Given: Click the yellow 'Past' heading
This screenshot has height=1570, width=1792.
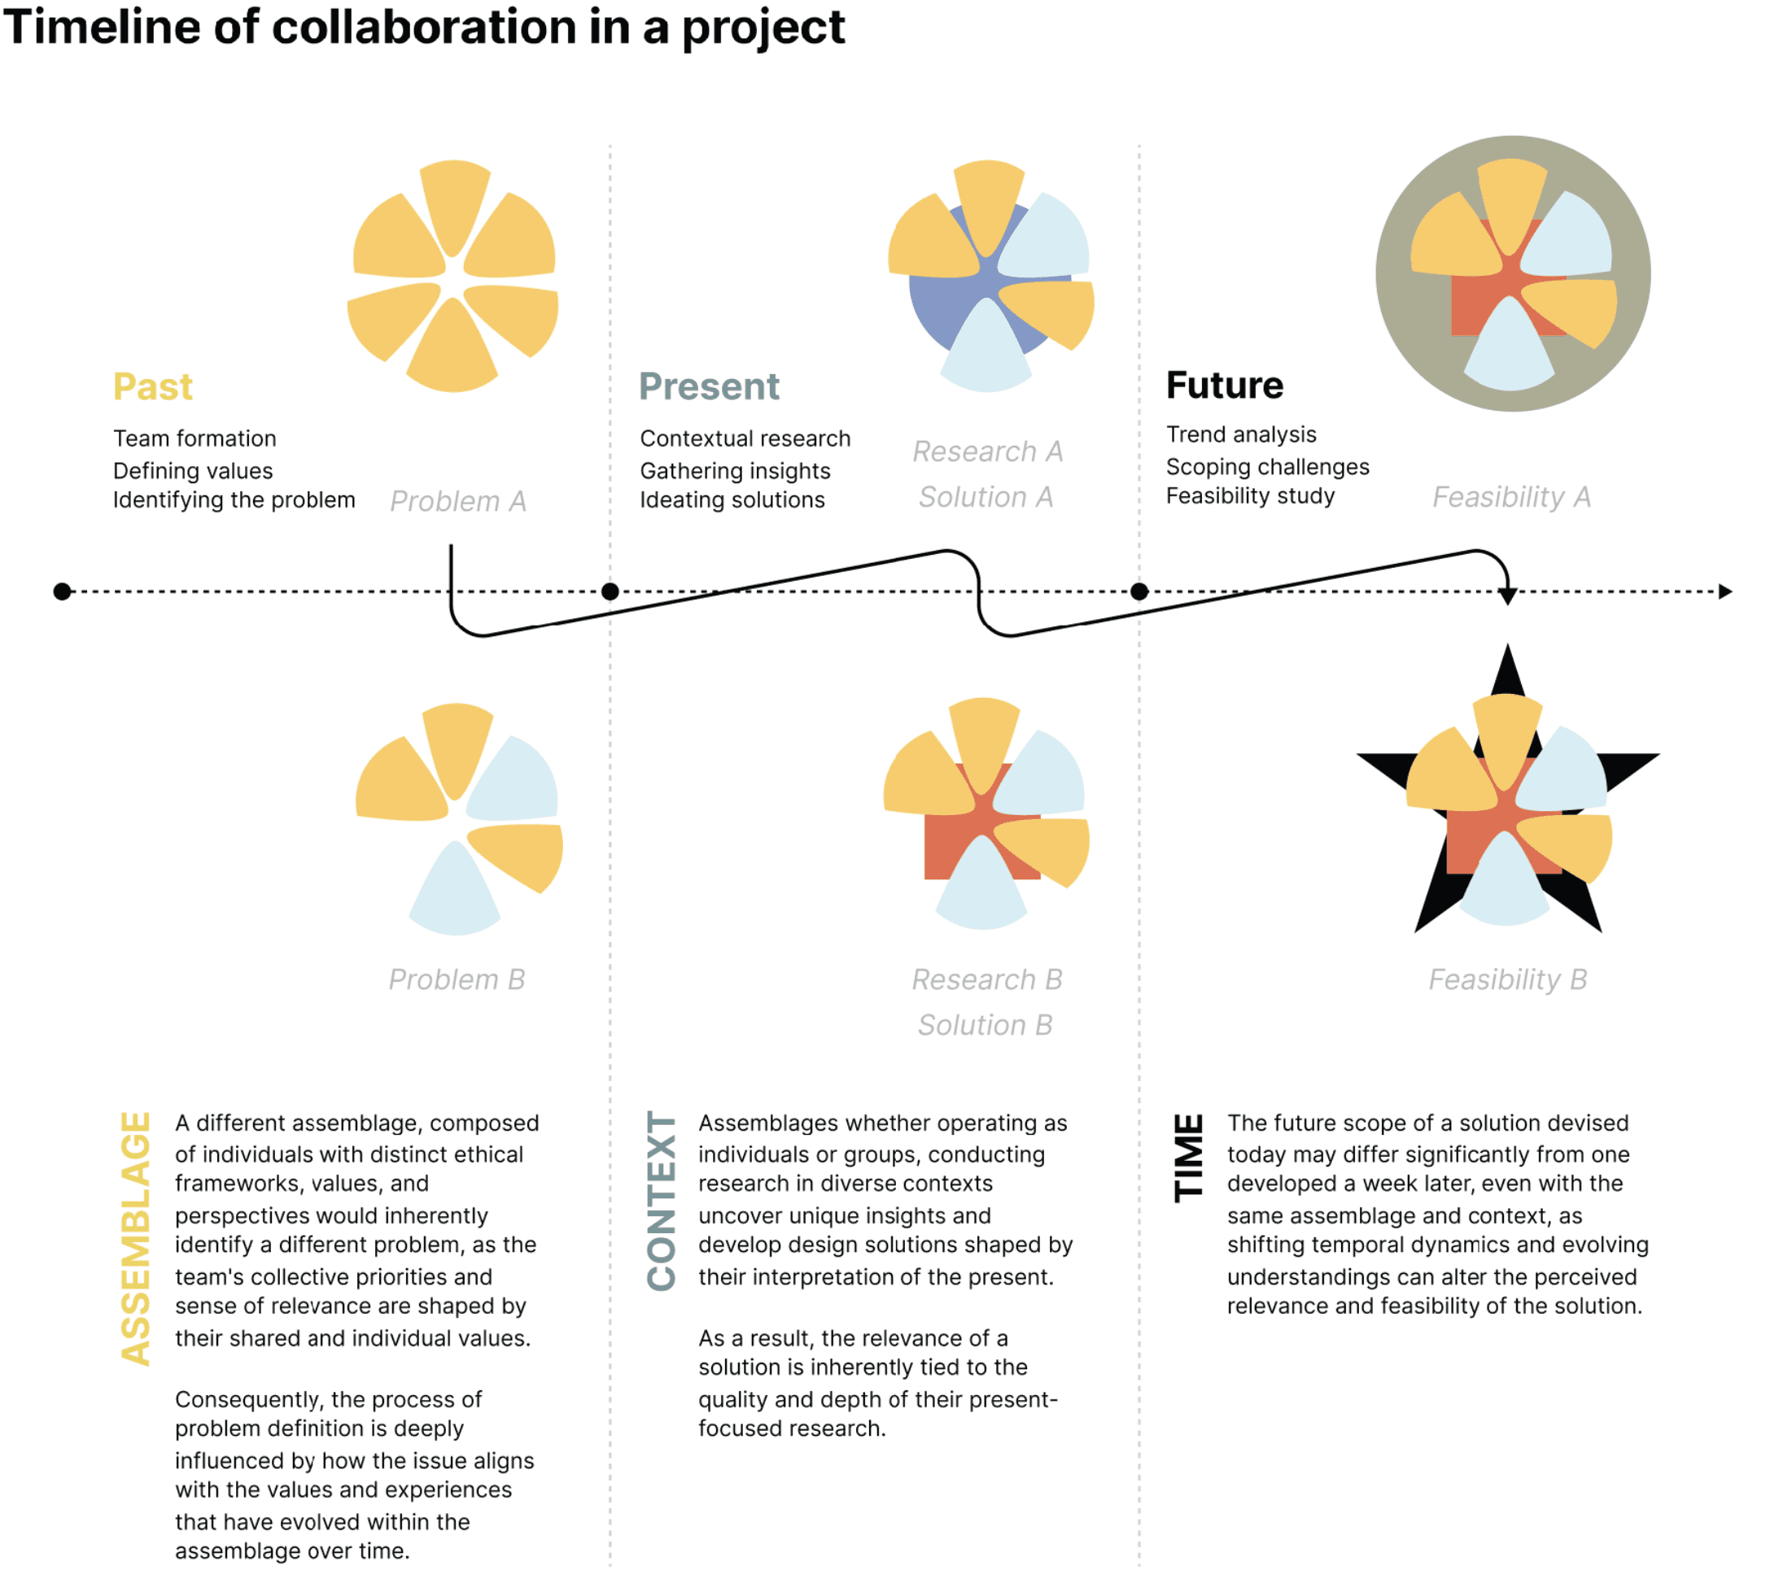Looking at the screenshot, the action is (x=152, y=386).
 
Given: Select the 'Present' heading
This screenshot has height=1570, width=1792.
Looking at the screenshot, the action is (x=708, y=386).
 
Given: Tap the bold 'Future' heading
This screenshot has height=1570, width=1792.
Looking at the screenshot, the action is (x=1223, y=385).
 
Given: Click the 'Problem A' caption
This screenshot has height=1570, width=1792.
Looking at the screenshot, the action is (x=457, y=501).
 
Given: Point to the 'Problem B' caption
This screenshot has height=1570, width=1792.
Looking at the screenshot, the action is (x=457, y=979).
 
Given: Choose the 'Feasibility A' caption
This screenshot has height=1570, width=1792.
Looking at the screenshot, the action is (x=1510, y=497).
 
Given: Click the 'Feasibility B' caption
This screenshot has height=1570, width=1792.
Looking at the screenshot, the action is (x=1507, y=979).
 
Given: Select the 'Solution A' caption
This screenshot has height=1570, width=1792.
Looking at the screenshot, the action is (x=985, y=497).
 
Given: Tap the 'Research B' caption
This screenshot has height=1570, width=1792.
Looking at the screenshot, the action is (x=986, y=979).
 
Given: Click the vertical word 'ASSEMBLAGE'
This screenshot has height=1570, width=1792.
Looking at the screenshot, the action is (x=136, y=1238).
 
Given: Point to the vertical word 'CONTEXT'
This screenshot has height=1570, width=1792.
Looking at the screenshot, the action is (x=661, y=1201).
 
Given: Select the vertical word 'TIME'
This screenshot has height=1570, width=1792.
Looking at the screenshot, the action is (x=1188, y=1157).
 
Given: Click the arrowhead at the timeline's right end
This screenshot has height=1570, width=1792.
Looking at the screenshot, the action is (x=1724, y=591).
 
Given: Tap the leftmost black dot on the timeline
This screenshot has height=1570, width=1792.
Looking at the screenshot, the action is (x=62, y=591).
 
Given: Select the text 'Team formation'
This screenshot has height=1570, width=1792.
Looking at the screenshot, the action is (x=194, y=438).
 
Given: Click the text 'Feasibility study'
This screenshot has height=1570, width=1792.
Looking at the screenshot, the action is (x=1249, y=496).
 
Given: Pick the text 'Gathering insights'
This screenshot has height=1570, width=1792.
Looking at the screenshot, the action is (x=734, y=470).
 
